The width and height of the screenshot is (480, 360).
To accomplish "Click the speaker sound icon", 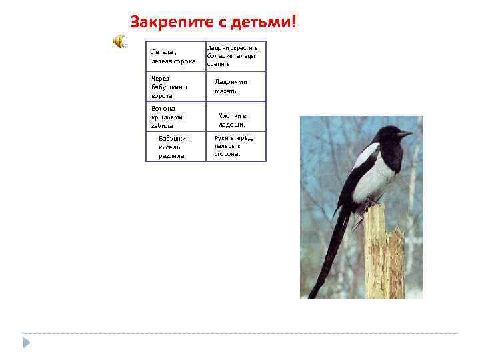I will [x=118, y=41].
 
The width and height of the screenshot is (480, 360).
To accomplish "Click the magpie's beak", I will [x=405, y=133].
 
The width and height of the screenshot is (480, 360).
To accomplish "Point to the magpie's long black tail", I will [x=331, y=253].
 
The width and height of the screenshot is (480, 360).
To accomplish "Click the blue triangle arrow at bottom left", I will [x=26, y=343].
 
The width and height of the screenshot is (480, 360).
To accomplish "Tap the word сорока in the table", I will [x=184, y=61].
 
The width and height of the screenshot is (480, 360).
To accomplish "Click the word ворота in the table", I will [x=162, y=95].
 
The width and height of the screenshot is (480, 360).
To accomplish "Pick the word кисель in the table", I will [x=169, y=147].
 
